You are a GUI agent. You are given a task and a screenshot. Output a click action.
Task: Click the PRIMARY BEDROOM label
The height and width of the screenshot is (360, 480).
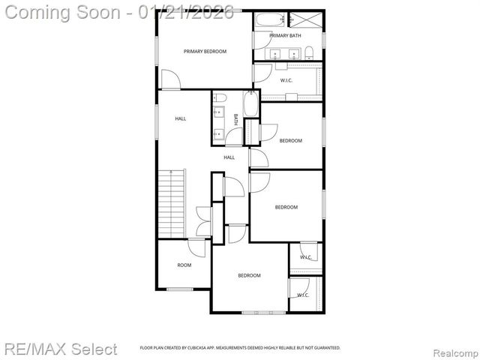[205, 51]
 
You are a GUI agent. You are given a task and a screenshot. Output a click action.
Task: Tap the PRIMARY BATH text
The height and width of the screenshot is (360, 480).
[285, 35]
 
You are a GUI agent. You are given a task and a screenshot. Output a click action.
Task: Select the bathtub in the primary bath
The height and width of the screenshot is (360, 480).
[265, 19]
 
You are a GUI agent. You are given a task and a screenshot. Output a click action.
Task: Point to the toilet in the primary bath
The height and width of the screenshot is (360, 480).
[309, 52]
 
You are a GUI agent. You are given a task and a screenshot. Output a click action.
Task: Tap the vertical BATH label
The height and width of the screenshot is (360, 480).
[235, 119]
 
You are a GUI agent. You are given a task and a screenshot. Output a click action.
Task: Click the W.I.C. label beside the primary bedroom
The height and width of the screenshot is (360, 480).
[286, 80]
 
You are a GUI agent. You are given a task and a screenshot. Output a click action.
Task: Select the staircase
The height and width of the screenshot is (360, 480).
[171, 202]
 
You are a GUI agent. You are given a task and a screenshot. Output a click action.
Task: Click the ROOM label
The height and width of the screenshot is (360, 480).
[184, 265]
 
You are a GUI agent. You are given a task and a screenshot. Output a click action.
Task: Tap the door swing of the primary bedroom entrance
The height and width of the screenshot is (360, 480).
[169, 79]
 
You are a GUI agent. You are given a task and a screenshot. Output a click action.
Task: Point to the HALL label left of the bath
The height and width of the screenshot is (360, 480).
[181, 118]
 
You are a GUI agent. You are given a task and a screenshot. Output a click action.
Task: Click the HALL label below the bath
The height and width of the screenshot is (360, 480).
[229, 157]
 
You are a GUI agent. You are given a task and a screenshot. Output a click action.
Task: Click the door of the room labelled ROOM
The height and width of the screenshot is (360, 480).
[196, 248]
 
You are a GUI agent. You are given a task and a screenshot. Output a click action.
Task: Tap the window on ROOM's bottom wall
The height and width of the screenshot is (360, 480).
[179, 289]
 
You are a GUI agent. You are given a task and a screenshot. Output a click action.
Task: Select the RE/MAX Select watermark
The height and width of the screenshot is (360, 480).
[60, 349]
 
